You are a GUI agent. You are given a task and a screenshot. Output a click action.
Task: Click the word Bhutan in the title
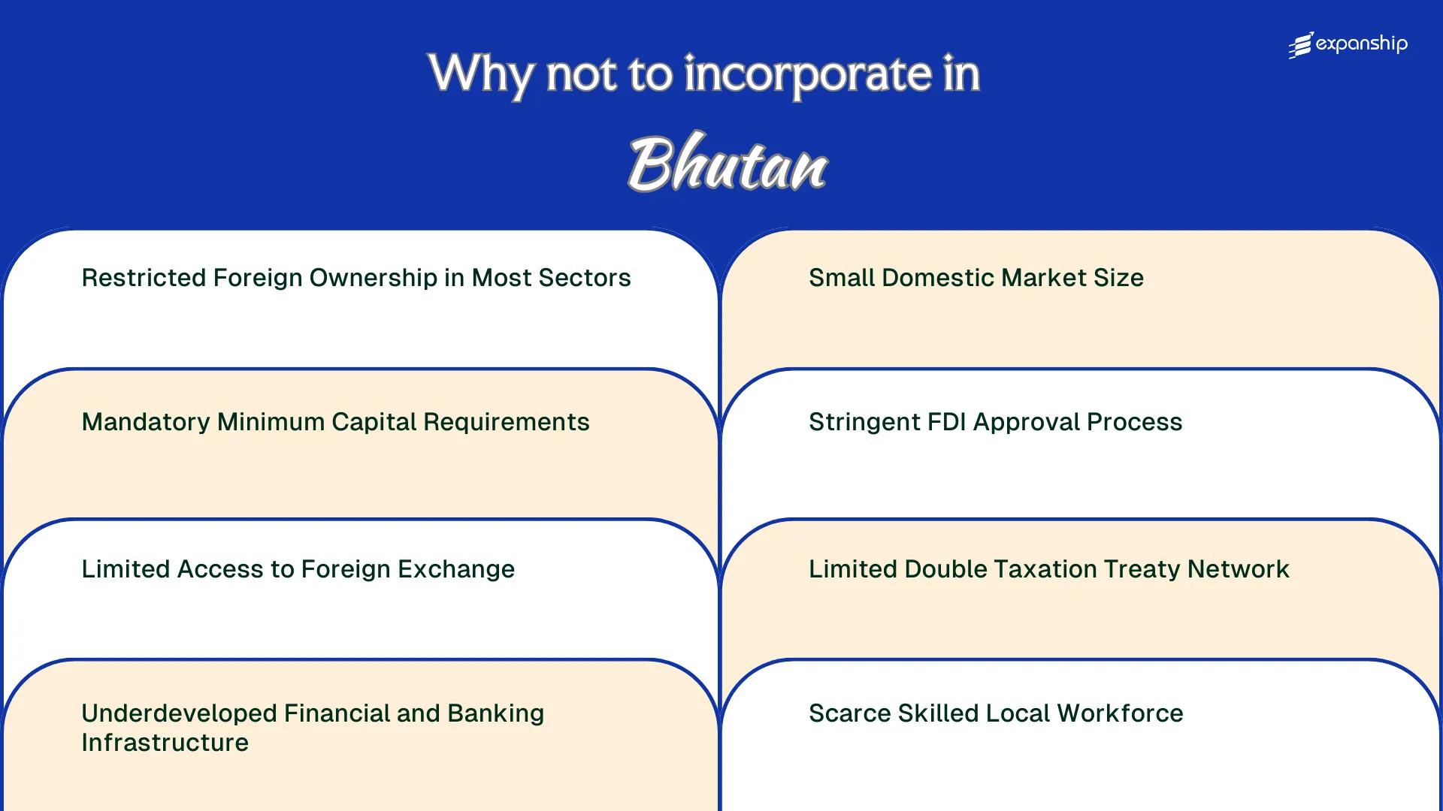click(x=728, y=163)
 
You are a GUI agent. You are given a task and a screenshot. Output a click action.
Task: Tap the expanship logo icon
click(x=1301, y=45)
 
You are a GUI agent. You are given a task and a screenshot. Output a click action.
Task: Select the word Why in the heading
click(x=481, y=75)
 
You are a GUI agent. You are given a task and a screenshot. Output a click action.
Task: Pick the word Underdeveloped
click(x=178, y=713)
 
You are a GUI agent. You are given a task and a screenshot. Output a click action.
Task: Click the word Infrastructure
click(x=165, y=743)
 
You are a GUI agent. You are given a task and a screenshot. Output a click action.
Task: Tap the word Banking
click(x=495, y=713)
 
